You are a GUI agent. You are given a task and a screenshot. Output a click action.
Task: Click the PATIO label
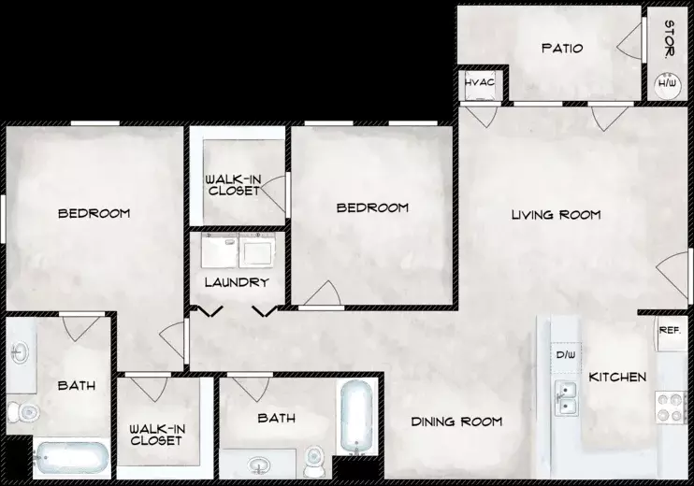562,48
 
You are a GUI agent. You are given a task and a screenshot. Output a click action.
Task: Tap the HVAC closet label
480,82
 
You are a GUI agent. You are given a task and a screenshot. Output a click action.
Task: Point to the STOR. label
670,40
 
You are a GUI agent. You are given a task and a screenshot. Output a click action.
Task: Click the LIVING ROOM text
557,215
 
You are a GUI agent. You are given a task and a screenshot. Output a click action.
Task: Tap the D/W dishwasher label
566,354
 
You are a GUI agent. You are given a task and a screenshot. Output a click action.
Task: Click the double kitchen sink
566,398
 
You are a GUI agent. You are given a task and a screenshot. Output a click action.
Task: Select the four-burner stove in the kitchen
670,407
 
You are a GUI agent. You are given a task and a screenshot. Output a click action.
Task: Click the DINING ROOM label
456,422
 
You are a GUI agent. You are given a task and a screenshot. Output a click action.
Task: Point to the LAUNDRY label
237,282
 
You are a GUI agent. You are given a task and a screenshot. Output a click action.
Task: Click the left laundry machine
220,250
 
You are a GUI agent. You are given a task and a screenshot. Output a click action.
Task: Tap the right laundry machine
256,250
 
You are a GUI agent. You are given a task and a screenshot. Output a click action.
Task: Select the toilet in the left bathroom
23,412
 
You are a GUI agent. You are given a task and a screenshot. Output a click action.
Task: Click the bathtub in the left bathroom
72,457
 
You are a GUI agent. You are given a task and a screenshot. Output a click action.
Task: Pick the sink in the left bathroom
20,353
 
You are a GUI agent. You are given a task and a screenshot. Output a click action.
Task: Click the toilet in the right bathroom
314,462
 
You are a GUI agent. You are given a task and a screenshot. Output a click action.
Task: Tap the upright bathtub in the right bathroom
356,417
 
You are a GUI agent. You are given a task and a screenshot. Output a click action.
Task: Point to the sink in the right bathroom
259,465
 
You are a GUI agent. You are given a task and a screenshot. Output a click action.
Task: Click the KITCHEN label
617,378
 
